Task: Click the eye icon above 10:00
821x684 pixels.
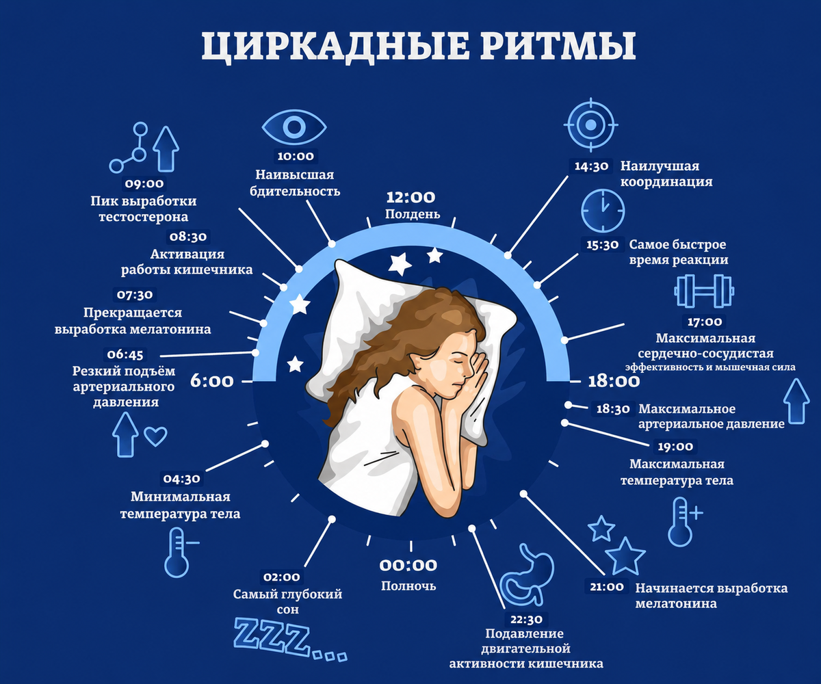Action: [x=294, y=127]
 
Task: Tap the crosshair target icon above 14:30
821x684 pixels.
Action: [x=590, y=124]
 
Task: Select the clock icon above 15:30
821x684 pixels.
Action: [x=603, y=210]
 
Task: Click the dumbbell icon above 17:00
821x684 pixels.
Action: [x=704, y=291]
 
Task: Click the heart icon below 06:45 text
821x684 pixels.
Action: [x=155, y=436]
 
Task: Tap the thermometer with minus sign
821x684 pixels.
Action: [x=179, y=552]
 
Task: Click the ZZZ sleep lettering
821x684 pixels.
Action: [x=290, y=640]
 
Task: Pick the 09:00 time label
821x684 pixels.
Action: [x=144, y=183]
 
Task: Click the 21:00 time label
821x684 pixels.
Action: [x=607, y=587]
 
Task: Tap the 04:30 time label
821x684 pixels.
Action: [x=182, y=479]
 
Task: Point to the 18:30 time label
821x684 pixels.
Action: [x=613, y=409]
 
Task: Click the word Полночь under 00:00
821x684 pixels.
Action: [x=408, y=586]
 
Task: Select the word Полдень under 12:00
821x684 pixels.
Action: [x=413, y=214]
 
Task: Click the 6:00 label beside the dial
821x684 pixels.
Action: [x=212, y=381]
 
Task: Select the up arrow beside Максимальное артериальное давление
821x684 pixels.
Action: [x=796, y=401]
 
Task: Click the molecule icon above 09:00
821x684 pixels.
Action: [x=129, y=148]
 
